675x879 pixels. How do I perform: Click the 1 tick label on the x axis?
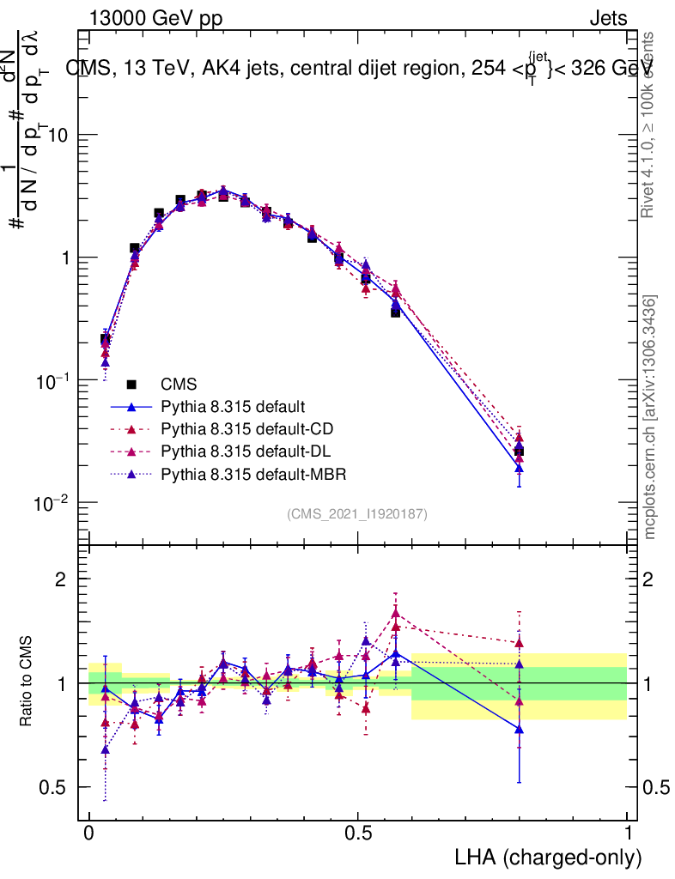(628, 833)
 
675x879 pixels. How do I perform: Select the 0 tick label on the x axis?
(89, 833)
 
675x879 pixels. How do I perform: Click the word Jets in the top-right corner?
(607, 18)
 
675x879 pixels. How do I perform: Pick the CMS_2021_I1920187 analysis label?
(357, 514)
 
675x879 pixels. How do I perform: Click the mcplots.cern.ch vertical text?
(651, 417)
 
